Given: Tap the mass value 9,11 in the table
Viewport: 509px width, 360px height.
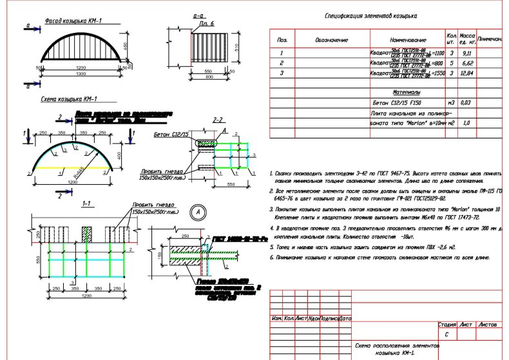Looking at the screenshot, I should tap(468, 53).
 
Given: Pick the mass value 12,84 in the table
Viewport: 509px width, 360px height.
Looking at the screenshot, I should tap(468, 74).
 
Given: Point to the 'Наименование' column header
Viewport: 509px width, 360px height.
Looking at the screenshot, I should tap(408, 40).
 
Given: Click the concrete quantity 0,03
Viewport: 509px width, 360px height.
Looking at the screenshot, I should tap(467, 102).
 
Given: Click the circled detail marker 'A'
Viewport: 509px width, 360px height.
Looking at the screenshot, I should tap(198, 211).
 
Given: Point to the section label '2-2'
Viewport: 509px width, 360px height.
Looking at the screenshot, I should tap(217, 120).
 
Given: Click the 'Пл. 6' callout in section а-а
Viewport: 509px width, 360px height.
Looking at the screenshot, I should tap(206, 24).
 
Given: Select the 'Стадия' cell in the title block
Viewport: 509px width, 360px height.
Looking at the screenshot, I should tap(447, 326).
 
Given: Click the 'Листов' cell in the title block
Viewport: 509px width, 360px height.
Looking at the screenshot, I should tap(488, 326).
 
